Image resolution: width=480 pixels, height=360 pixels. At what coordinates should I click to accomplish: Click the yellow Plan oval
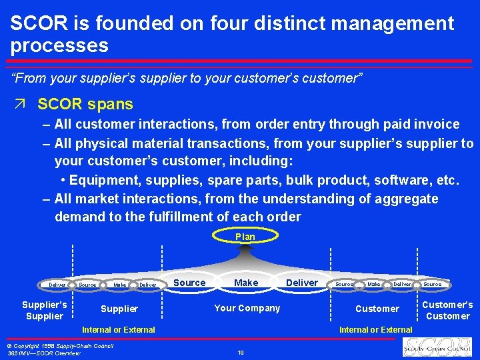245,237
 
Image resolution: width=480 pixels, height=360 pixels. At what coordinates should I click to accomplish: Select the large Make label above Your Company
246,283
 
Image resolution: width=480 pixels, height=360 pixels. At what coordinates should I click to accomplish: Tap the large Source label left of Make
189,283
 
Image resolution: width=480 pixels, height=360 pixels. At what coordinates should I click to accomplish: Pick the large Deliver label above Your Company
302,283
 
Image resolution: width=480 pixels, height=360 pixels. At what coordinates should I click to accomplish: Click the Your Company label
247,308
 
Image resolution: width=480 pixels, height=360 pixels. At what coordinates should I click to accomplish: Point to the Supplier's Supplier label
45,311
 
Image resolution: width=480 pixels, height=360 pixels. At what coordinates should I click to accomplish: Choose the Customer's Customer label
447,311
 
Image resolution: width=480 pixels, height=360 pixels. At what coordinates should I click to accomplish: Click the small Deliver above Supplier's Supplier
57,285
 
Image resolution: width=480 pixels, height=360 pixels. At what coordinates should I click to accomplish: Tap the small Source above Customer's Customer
432,285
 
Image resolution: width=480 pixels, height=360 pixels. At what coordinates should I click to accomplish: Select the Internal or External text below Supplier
118,329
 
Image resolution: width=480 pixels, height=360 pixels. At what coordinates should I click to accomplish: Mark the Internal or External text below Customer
376,329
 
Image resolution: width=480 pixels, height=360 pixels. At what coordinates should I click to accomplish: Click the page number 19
241,352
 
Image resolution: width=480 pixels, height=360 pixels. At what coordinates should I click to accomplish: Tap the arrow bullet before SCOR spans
20,105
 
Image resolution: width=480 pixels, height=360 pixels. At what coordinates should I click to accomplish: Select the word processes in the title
59,46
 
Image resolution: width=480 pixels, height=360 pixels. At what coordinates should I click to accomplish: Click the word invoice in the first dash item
436,125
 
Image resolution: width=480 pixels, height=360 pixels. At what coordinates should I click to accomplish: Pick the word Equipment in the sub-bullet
103,181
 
